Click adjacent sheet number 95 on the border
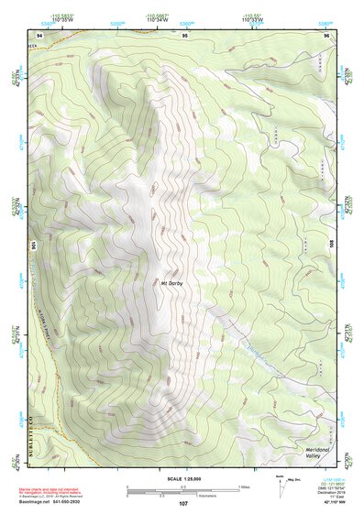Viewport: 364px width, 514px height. point(185,35)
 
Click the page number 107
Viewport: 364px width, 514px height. point(182,504)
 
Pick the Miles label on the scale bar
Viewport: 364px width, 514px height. point(243,486)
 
